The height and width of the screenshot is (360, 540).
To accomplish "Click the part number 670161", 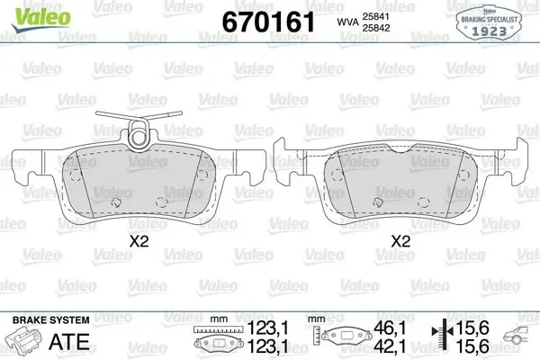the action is pos(268,22).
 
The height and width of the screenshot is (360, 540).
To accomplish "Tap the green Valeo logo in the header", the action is pos(40,19).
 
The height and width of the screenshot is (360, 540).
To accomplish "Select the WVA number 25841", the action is pos(375,16).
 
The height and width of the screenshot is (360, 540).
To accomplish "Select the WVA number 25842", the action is pos(375,28).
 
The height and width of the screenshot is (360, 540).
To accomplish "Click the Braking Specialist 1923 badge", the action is pos(489,22).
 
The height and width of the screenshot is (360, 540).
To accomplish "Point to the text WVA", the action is pos(347,22).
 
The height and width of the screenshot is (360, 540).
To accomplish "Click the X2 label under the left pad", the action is pos(139,241).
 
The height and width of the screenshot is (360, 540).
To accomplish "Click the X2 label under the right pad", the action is pos(400,241).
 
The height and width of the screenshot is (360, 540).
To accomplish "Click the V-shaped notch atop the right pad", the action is pos(400,148).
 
